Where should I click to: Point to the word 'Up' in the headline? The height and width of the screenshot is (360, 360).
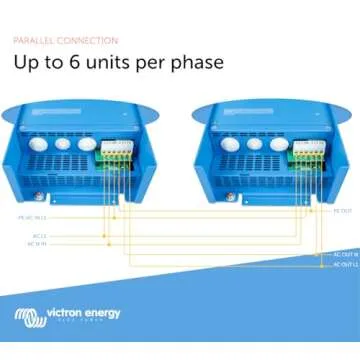(x=26, y=63)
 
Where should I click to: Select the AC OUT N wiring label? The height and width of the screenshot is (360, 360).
(x=343, y=255)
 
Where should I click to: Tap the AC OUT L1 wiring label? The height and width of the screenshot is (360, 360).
(x=343, y=266)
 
